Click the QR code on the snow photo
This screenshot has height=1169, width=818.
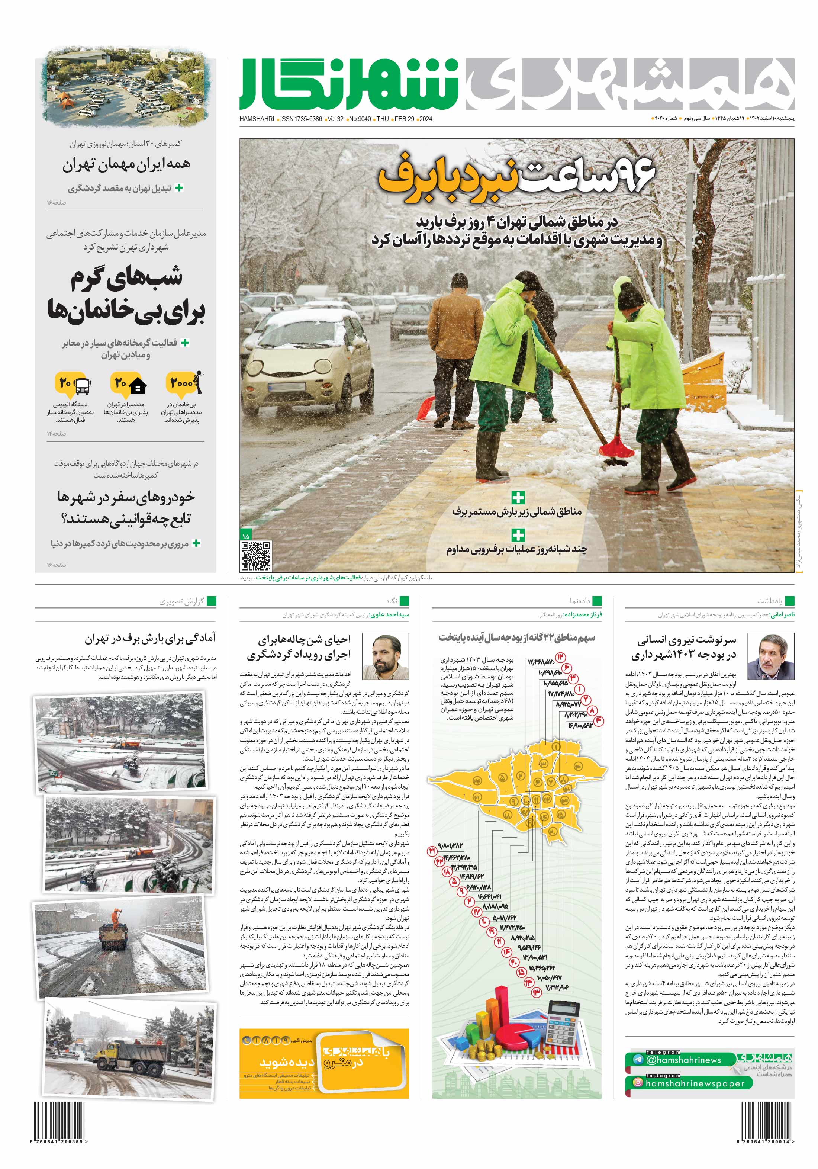(x=255, y=556)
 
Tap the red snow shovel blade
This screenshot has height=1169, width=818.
(x=616, y=447)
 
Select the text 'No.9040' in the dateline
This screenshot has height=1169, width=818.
(x=360, y=119)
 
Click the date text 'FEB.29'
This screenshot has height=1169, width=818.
(x=404, y=119)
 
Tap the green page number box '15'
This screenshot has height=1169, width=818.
(x=245, y=536)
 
